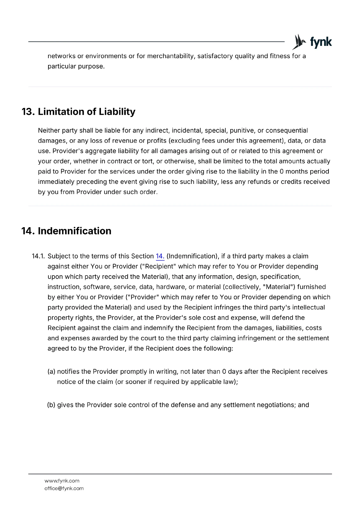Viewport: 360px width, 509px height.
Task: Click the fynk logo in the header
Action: pos(312,42)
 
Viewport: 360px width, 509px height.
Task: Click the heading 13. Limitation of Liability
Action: pos(78,112)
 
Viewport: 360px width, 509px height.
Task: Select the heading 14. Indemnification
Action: pos(66,231)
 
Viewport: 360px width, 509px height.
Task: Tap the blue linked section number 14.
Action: pos(160,256)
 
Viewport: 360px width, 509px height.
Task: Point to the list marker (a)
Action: pos(51,372)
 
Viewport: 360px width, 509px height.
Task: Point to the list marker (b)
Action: pos(51,405)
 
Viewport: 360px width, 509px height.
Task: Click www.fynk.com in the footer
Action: pos(62,481)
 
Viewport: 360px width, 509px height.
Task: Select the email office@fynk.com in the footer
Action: pos(64,488)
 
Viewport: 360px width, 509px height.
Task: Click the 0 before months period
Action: pos(281,171)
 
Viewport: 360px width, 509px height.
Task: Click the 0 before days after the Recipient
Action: pos(224,372)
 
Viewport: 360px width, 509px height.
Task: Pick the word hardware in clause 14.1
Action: pos(171,287)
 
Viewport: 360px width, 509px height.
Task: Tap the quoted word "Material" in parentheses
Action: pos(277,287)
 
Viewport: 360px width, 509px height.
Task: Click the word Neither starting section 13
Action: pos(49,131)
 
